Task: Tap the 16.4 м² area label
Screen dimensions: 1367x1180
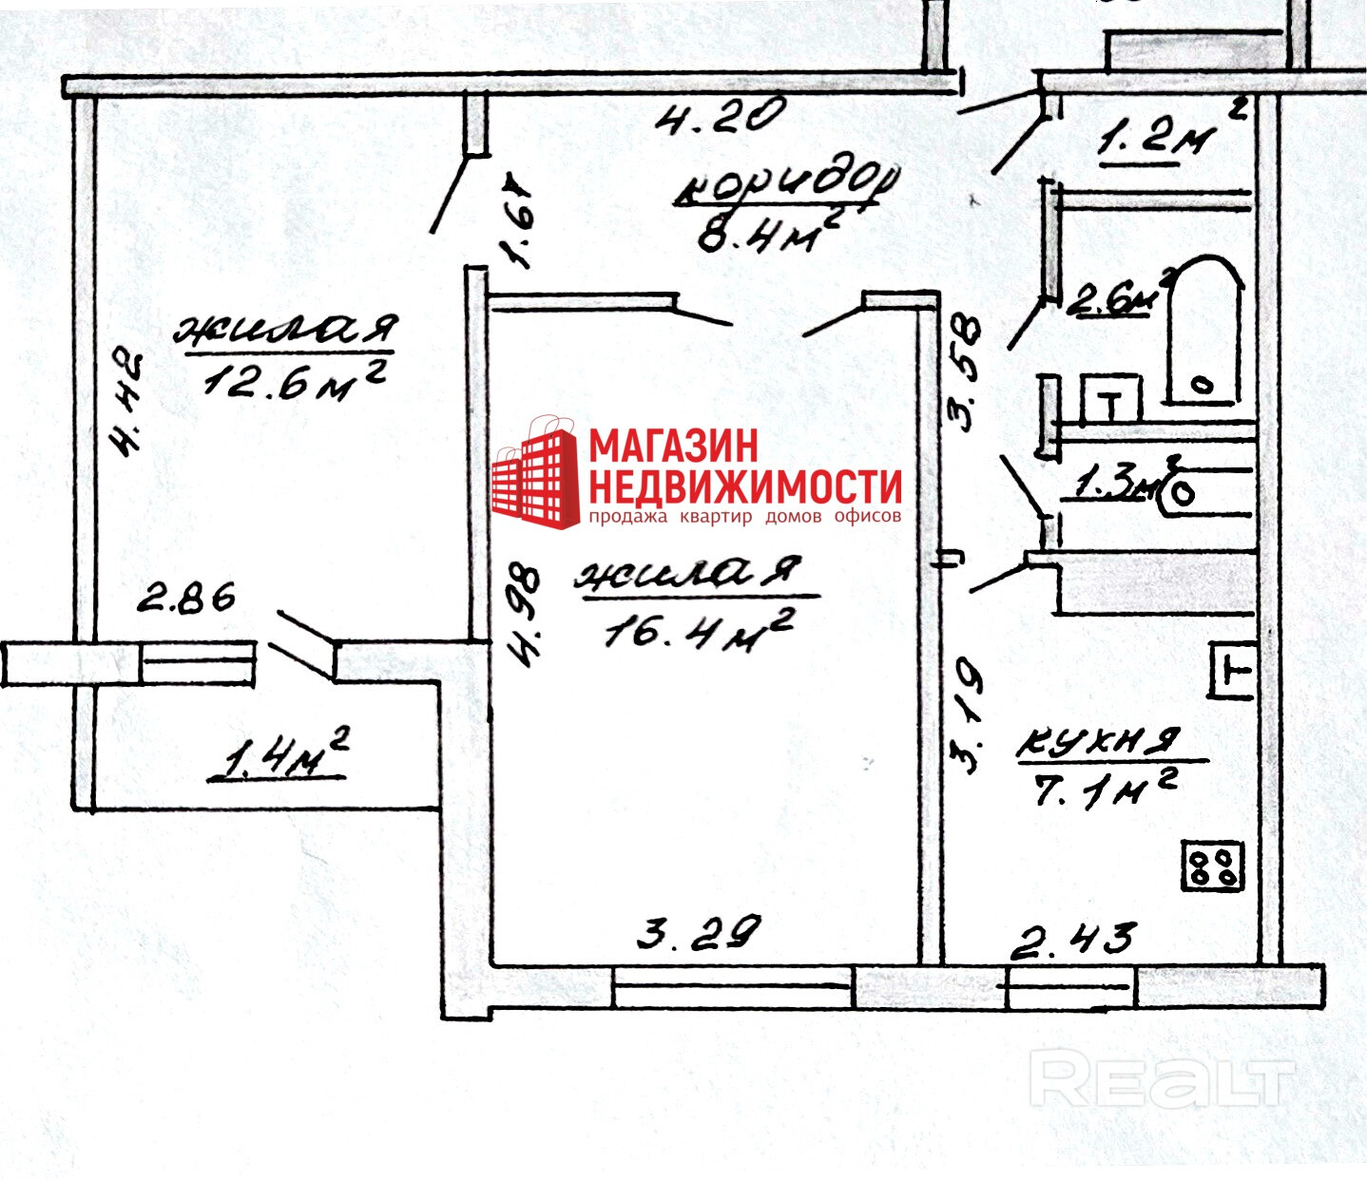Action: (699, 630)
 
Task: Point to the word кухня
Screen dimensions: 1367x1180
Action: (1098, 742)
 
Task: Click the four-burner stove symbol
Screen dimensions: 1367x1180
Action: (1212, 866)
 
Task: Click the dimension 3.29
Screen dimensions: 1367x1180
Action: (699, 932)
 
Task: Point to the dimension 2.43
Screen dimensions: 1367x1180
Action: (1071, 941)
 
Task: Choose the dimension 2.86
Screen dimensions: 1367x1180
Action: (186, 599)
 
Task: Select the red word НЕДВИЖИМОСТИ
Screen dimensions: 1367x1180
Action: (744, 486)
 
